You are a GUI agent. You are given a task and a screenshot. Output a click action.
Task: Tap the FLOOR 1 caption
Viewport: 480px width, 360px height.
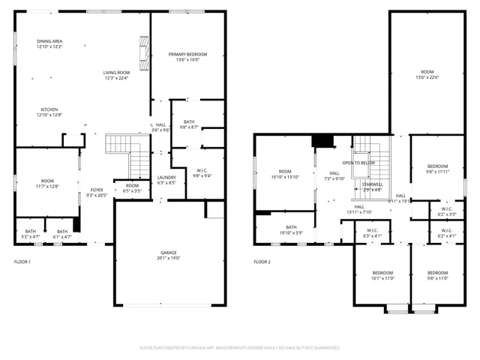[x=23, y=262]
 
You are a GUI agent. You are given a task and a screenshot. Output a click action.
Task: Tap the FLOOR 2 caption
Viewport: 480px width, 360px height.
[x=262, y=262]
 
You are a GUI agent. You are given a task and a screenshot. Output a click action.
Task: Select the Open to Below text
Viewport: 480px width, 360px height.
[x=359, y=163]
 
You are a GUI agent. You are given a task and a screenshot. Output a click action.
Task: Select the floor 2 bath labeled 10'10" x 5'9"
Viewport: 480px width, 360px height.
[x=289, y=230]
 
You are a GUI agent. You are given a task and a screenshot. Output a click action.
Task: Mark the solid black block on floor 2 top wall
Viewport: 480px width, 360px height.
[x=323, y=140]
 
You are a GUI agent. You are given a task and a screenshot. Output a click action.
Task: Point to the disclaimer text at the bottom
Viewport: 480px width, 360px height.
[x=240, y=348]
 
